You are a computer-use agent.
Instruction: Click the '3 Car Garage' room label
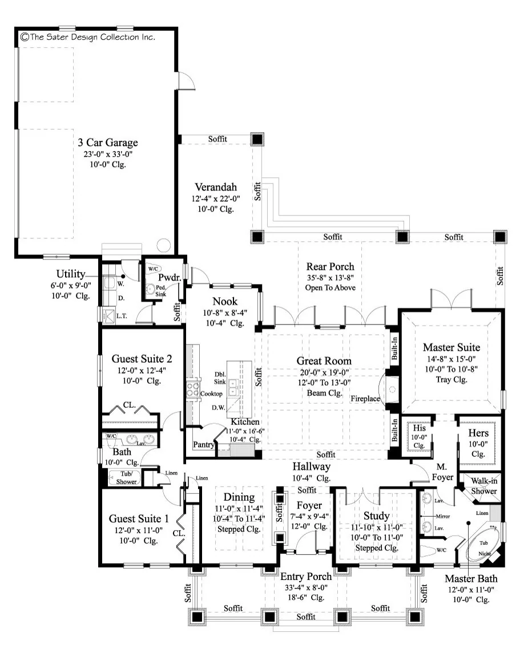pos(108,143)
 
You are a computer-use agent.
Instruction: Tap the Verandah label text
pos(216,188)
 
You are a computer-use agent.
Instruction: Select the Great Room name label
pos(324,361)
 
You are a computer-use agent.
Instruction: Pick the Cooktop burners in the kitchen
pos(192,390)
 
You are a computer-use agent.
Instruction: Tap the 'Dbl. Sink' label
pos(220,378)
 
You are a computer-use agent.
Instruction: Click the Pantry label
pos(204,444)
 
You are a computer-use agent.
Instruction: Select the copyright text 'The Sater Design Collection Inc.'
pos(88,37)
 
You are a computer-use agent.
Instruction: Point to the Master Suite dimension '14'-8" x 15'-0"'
pos(452,359)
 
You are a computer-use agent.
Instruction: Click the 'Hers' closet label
pos(478,433)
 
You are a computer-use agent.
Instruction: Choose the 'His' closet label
pos(419,428)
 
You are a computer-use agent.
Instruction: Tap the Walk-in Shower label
pos(484,486)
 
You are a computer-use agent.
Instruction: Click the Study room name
pos(376,516)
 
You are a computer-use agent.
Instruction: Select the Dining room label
pos(239,497)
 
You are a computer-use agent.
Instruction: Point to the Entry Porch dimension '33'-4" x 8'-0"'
pos(306,587)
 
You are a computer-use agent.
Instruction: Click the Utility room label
pos(71,274)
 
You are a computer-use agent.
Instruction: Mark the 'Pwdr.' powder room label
pos(170,278)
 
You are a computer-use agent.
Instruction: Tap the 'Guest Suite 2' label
pos(142,359)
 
